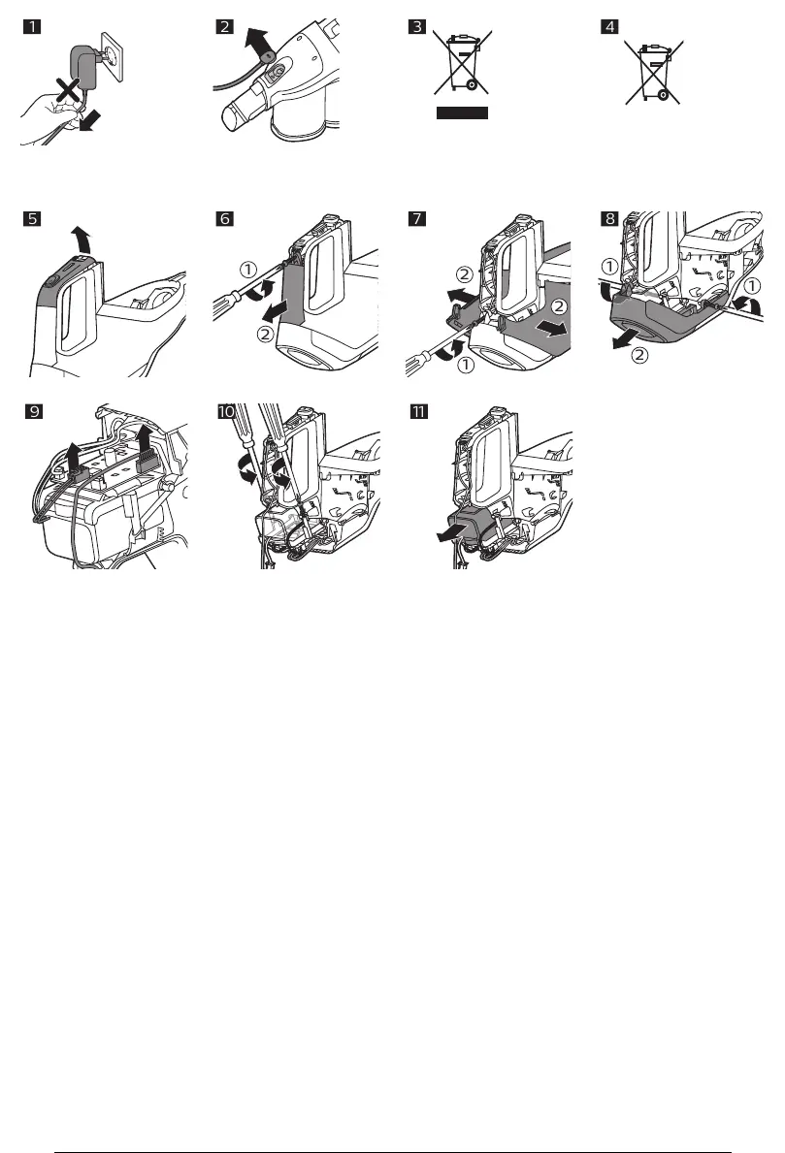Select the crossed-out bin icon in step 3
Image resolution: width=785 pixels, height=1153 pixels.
[x=460, y=61]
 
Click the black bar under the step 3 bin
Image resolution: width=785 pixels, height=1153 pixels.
[x=461, y=112]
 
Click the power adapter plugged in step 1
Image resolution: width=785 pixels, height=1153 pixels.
[x=84, y=68]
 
